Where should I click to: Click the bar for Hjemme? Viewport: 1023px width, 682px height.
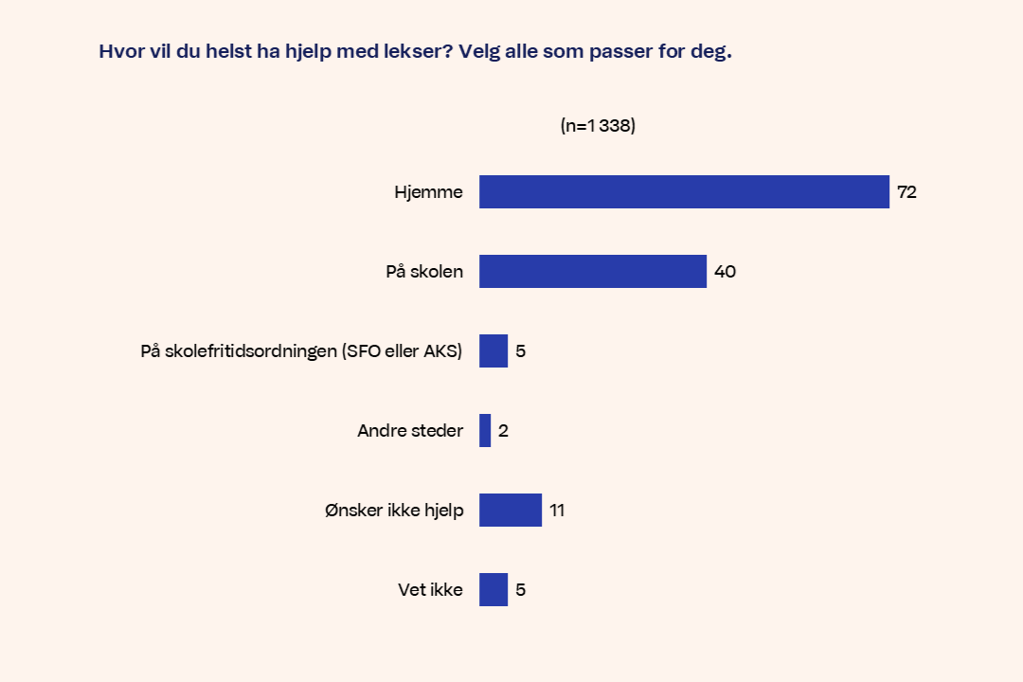pos(684,192)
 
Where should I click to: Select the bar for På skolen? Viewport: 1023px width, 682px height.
pos(593,272)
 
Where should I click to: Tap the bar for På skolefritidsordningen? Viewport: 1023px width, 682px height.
pos(494,351)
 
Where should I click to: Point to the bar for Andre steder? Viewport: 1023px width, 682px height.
pos(485,431)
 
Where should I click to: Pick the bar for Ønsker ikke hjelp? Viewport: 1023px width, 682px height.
pos(511,511)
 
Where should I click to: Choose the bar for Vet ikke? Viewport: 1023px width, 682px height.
pos(494,590)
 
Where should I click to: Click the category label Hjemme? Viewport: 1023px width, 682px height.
pos(428,192)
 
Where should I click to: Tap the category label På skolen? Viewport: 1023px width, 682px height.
pos(424,272)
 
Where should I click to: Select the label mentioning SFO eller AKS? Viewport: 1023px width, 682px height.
pos(301,351)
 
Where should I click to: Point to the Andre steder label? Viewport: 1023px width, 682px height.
pos(410,431)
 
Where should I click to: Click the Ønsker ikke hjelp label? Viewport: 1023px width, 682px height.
pos(393,511)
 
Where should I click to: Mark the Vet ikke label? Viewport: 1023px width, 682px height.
pos(430,590)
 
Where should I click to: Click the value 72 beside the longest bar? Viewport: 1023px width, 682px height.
pos(906,192)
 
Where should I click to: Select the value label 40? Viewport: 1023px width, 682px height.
pos(725,272)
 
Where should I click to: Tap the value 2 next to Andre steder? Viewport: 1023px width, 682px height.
pos(504,431)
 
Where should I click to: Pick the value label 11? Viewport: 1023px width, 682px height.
pos(557,511)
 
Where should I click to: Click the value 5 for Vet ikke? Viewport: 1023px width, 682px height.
pos(521,590)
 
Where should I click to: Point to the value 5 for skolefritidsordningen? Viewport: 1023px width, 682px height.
pos(521,351)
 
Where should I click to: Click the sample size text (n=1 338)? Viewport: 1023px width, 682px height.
pos(598,126)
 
